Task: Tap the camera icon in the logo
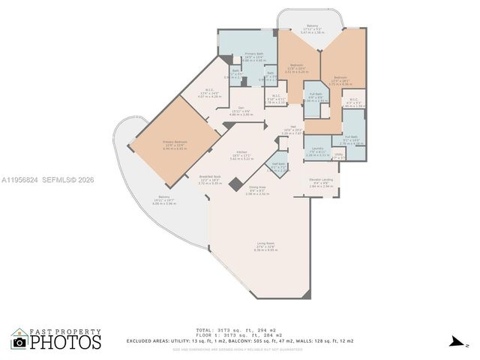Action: tap(19, 343)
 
